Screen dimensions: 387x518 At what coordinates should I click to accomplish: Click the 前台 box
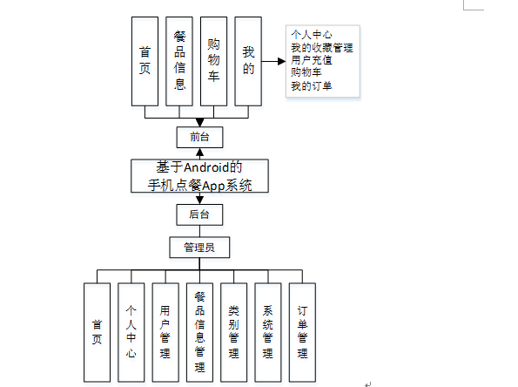[199, 137]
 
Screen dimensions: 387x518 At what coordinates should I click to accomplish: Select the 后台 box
[199, 213]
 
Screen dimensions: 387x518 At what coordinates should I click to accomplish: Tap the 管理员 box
[199, 248]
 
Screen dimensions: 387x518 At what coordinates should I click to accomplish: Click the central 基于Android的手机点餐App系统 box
[199, 175]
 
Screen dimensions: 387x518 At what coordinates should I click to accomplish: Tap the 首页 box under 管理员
[98, 332]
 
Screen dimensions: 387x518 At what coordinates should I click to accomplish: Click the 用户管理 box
[165, 332]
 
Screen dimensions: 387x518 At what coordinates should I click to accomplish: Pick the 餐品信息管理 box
[199, 332]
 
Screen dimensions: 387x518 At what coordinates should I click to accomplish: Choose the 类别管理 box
[233, 332]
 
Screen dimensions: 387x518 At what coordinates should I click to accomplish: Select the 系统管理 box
[267, 332]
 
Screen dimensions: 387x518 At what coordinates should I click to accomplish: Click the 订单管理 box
[301, 332]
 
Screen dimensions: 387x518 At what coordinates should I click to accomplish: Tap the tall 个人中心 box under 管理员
[131, 332]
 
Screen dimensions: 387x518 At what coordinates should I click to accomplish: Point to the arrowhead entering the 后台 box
[199, 200]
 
